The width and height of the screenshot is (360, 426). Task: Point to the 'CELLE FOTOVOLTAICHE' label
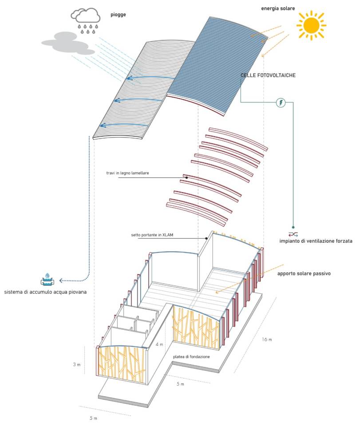pos(268,75)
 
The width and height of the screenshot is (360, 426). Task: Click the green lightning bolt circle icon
pos(281,103)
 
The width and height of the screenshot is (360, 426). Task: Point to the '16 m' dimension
pos(266,340)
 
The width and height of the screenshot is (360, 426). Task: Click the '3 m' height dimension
pos(77,365)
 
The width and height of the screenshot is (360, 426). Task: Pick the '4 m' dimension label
pos(160,344)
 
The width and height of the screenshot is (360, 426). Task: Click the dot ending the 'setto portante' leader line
pos(207,238)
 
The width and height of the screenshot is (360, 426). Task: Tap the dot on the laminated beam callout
pos(186,177)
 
